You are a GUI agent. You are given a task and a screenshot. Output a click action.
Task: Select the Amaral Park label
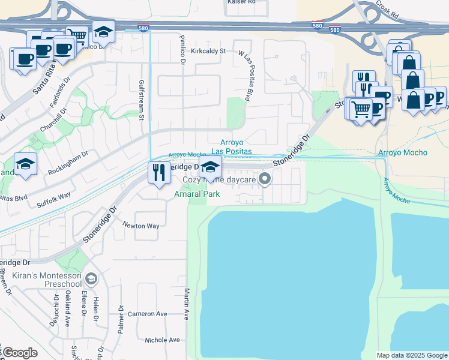pyautogui.click(x=197, y=194)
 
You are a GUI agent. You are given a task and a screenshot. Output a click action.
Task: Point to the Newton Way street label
pyautogui.click(x=141, y=226)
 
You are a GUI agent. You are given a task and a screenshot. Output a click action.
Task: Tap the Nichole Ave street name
pyautogui.click(x=162, y=340)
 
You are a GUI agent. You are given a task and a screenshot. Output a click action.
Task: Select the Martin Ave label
pyautogui.click(x=187, y=303)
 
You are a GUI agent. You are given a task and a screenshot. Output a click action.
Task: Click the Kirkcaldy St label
pyautogui.click(x=208, y=51)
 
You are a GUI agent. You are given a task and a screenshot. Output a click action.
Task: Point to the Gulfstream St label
pyautogui.click(x=142, y=99)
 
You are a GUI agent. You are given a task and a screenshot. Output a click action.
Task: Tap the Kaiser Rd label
pyautogui.click(x=242, y=2)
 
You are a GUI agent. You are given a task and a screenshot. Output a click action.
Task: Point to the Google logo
pyautogui.click(x=19, y=353)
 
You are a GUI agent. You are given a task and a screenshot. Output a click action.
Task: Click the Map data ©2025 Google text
pyautogui.click(x=411, y=355)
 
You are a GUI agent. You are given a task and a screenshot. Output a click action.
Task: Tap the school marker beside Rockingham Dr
pyautogui.click(x=25, y=164)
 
